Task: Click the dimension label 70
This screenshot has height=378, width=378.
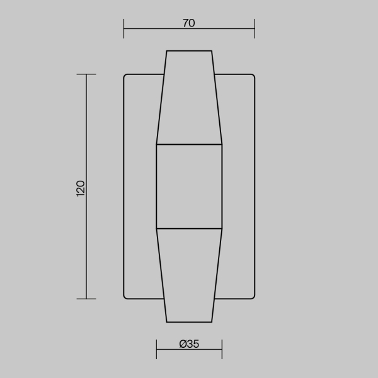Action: point(189,23)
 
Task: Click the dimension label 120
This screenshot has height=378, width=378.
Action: point(81,188)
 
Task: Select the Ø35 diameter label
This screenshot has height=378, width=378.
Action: point(189,344)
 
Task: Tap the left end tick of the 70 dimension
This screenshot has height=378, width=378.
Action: point(123,28)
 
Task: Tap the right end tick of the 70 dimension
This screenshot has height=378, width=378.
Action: point(255,28)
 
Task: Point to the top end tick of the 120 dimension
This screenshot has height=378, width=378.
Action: point(86,74)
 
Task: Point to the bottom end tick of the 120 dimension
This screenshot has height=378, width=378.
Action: point(86,299)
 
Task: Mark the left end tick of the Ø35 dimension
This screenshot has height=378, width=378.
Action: point(156,349)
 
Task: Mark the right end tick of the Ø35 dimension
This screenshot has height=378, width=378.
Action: point(222,349)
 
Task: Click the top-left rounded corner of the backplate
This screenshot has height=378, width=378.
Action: point(125,76)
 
